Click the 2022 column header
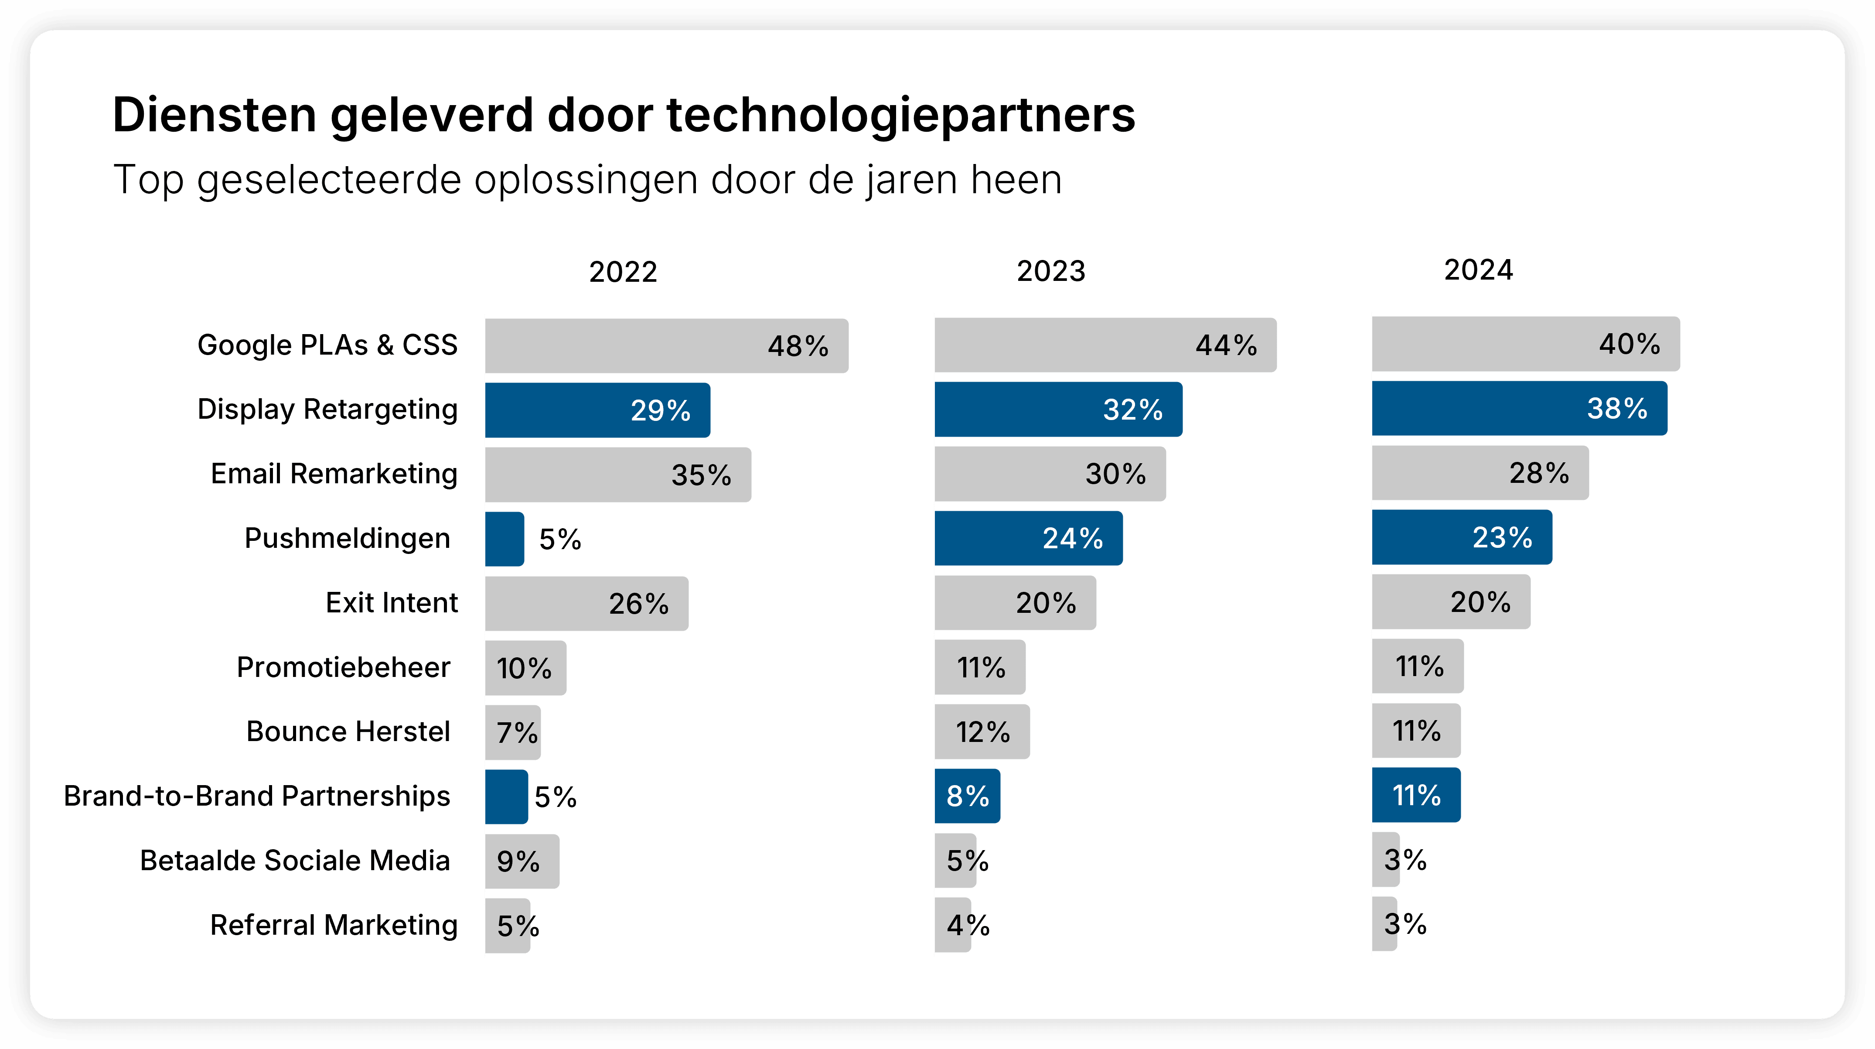tap(623, 272)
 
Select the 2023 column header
tap(1050, 271)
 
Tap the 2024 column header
tap(1478, 270)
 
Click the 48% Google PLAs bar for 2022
tap(666, 346)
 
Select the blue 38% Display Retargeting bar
tap(1519, 408)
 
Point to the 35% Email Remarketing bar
tap(618, 475)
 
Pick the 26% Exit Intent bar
tap(586, 604)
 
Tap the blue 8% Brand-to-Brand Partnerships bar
tap(967, 796)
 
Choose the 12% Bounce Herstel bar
tap(982, 731)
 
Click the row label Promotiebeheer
tap(344, 667)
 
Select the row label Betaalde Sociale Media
tap(295, 861)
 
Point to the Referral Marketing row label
tap(334, 925)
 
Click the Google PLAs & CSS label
tap(327, 345)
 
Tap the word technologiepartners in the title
tap(900, 115)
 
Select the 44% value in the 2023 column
tap(1226, 345)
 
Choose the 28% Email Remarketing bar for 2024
tap(1480, 473)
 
